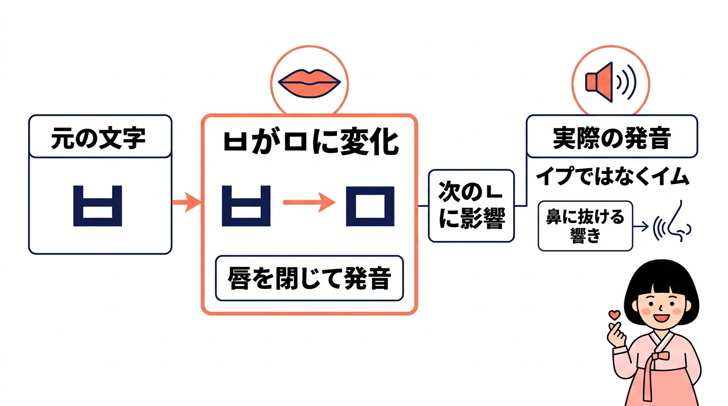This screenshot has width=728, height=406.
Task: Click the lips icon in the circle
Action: click(x=309, y=81)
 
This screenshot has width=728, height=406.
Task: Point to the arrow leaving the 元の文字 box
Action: click(x=185, y=202)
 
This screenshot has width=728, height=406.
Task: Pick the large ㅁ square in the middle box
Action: click(x=370, y=206)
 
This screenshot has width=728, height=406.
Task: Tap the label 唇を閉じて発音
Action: click(x=309, y=278)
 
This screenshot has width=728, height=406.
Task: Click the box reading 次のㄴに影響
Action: click(x=471, y=206)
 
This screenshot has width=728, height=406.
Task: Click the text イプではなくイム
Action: click(x=613, y=177)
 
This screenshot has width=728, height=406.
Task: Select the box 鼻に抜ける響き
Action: click(x=585, y=226)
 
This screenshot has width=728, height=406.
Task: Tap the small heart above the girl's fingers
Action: click(x=614, y=313)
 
